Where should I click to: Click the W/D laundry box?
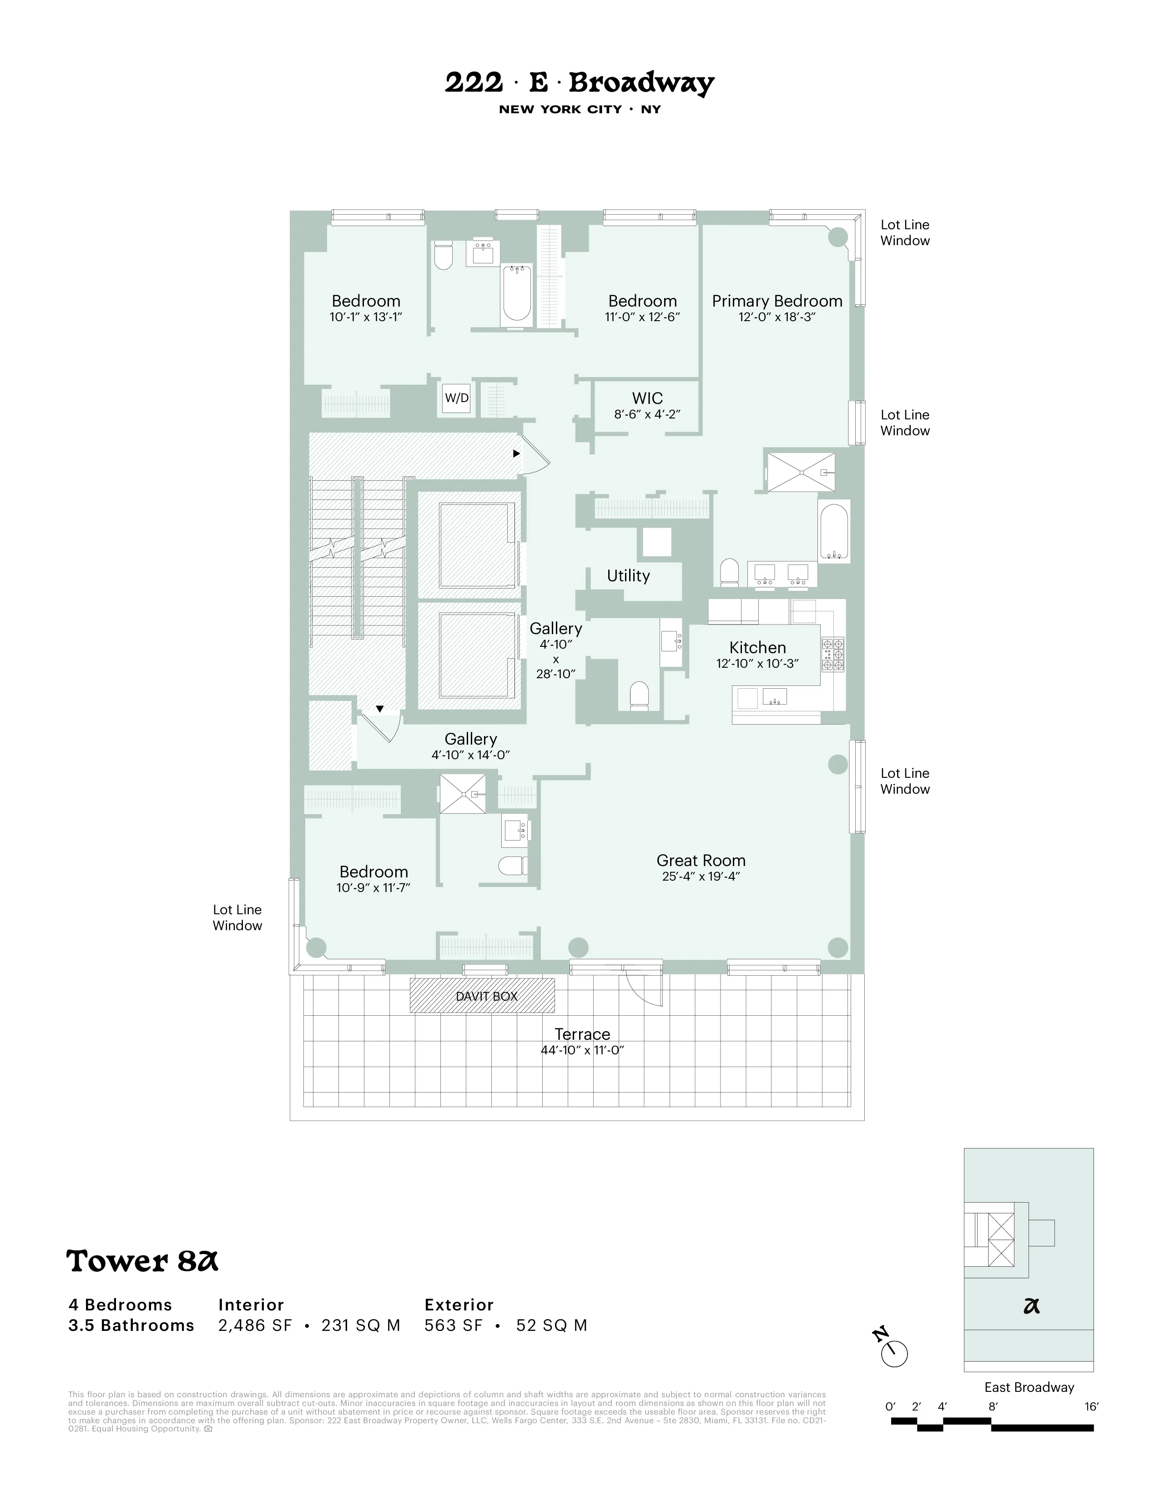[x=456, y=398]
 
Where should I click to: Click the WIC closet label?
[x=647, y=398]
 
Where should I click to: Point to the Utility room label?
[x=628, y=576]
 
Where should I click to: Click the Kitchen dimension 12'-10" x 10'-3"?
[x=757, y=664]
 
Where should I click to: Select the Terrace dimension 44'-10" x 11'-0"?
[x=582, y=1050]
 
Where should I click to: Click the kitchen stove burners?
[x=833, y=654]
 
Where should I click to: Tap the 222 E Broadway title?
[x=579, y=83]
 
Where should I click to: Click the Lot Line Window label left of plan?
[x=237, y=917]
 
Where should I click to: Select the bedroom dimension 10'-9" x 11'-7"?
[x=373, y=888]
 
